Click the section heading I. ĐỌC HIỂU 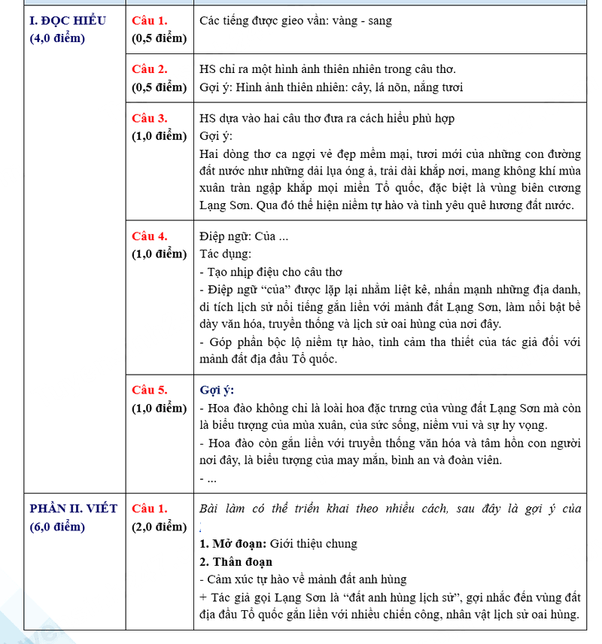pos(67,20)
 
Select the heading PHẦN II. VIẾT pos(73,509)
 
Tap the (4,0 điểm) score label pos(57,38)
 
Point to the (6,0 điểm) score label pos(57,527)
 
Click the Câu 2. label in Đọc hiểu pos(150,69)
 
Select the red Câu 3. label pos(150,118)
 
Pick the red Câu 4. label pos(150,236)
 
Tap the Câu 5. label pos(150,390)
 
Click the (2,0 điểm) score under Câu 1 pos(159,527)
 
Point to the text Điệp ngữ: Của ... pos(244,236)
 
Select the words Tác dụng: pos(226,254)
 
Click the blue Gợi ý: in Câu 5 pos(217,390)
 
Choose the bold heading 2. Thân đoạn pos(236,561)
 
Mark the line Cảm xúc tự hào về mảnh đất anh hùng pos(303,579)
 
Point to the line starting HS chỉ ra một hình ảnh pos(338,69)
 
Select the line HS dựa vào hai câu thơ pos(327,118)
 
